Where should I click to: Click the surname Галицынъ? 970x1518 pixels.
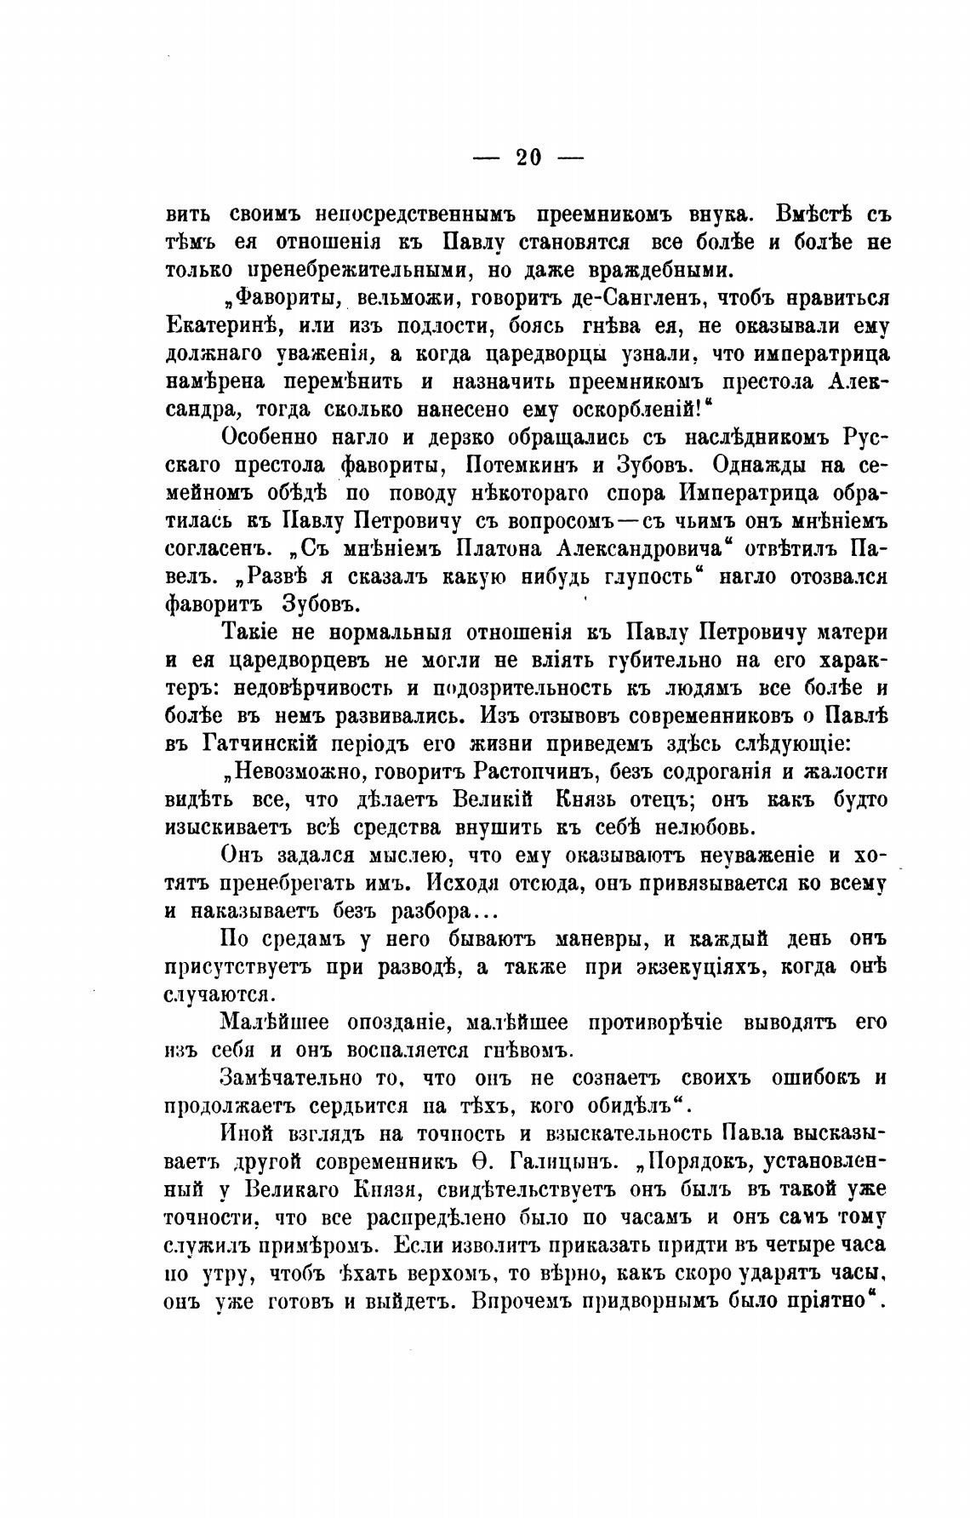coord(556,1162)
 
